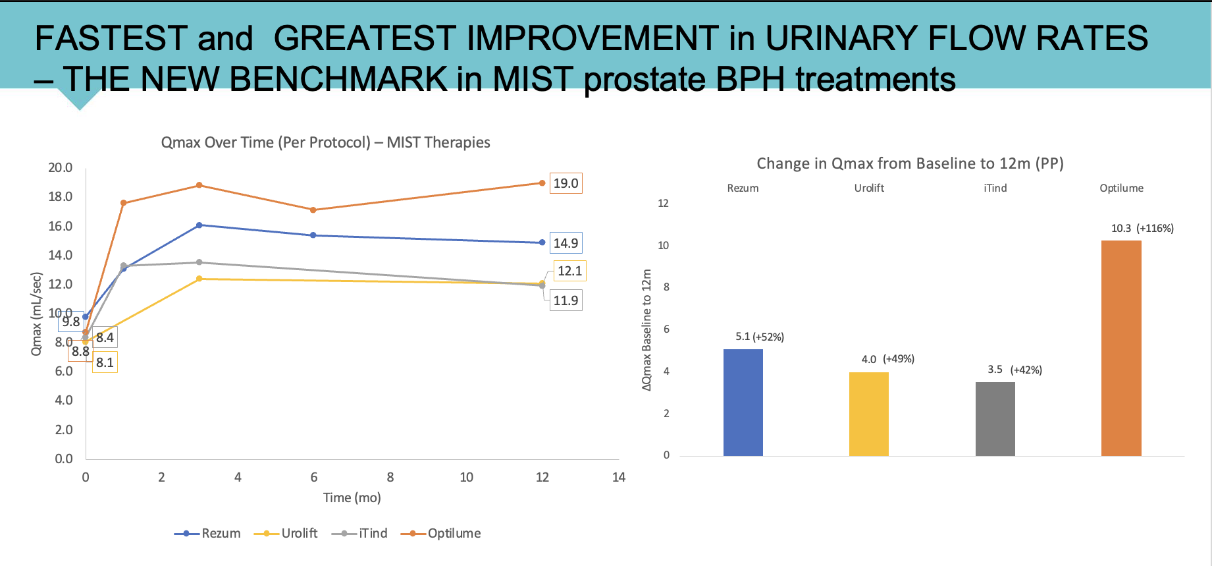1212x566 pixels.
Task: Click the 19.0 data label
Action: click(x=566, y=183)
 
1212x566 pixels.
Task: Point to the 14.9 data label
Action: click(x=566, y=243)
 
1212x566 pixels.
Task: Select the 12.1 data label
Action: click(x=569, y=271)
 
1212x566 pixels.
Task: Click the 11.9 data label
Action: click(x=566, y=300)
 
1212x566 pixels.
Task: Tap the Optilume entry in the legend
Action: click(x=454, y=533)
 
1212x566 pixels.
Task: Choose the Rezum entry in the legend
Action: click(x=221, y=533)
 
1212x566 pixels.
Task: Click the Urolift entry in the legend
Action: click(x=299, y=533)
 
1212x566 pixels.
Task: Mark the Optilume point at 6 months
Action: click(x=313, y=210)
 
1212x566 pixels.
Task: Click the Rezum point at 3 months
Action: click(x=199, y=225)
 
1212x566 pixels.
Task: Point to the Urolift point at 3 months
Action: click(x=199, y=279)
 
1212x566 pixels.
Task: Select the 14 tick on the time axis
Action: click(x=618, y=477)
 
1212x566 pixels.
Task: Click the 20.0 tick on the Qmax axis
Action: click(x=61, y=167)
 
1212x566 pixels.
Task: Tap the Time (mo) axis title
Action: click(x=352, y=497)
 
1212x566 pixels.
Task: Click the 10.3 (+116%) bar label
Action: click(x=1142, y=229)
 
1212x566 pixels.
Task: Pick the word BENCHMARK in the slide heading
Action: click(x=338, y=79)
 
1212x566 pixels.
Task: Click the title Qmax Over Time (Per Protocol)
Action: click(x=266, y=142)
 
